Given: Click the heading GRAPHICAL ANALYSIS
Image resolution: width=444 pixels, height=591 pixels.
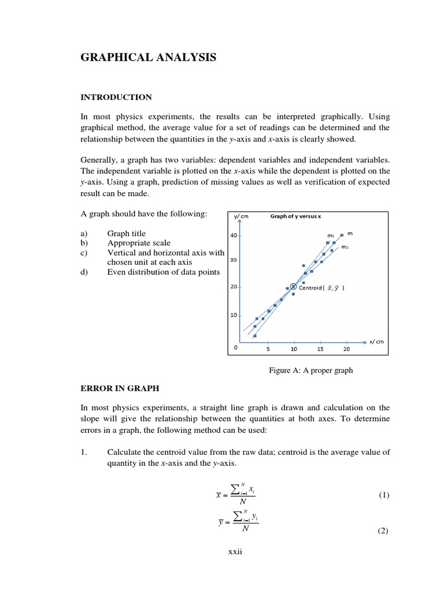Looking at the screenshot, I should (149, 57).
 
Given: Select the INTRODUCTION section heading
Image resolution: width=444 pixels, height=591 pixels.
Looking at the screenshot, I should (116, 97).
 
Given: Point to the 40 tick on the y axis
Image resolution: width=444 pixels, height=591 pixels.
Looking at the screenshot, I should (234, 235).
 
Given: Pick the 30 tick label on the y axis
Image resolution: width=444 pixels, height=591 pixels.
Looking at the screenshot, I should (234, 260).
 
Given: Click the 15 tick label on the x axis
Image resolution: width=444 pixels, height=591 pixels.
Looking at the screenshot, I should (320, 349).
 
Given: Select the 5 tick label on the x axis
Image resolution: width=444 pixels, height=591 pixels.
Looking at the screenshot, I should (268, 349).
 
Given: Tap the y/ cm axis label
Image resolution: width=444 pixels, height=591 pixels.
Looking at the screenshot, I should (241, 218).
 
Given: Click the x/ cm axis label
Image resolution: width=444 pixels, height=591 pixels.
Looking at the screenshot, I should (376, 341).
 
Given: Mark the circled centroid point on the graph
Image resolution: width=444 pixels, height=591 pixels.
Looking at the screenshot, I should (293, 286).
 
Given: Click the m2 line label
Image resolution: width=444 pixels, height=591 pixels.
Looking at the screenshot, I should (345, 247).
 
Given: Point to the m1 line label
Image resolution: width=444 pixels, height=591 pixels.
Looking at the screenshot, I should (331, 235).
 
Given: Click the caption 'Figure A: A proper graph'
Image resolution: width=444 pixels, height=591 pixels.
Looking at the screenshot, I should (310, 371).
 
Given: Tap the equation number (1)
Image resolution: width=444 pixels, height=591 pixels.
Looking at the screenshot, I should (384, 495).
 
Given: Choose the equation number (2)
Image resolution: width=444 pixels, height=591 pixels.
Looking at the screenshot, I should (384, 532).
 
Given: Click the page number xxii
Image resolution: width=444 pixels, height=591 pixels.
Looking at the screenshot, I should (235, 552).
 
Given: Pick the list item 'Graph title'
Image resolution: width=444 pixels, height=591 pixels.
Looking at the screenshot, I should (127, 234).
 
